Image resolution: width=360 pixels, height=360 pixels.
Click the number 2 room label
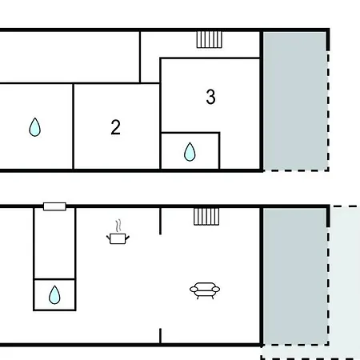115,127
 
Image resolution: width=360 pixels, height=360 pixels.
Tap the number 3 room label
210,97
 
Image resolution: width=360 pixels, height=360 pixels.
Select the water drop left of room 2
35,127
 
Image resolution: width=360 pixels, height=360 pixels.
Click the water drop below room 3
190,152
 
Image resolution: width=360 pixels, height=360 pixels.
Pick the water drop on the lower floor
54,294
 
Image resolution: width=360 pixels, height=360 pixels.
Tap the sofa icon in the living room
205,290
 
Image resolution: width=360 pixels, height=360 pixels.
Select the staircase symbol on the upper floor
210,39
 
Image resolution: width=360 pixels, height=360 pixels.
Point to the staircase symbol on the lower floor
206,217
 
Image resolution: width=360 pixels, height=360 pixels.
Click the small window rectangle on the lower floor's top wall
54,206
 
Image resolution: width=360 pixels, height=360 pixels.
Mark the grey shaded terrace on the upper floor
294,101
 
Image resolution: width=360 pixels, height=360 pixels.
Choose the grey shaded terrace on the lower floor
294,276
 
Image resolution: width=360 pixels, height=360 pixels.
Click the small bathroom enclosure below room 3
190,150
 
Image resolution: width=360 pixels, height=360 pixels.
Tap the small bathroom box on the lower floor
54,294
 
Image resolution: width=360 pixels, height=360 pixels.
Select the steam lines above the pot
118,226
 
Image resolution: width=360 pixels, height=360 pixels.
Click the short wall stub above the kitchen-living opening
160,221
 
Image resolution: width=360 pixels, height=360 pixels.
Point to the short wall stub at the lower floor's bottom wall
160,336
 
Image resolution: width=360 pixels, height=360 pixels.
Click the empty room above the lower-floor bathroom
54,243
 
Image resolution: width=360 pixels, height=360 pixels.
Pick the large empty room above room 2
70,57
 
